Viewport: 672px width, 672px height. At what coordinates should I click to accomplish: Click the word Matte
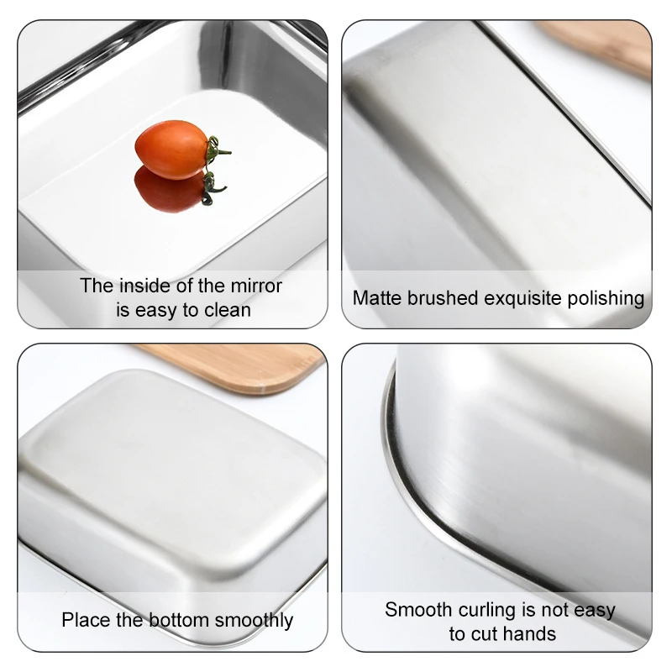pyautogui.click(x=376, y=298)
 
